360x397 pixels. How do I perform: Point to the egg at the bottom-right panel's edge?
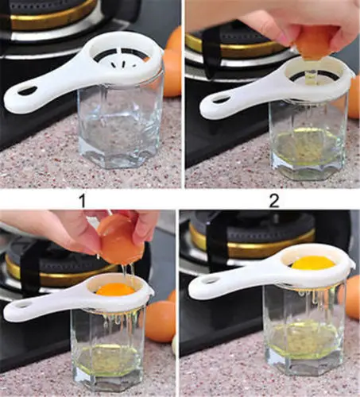[353, 297]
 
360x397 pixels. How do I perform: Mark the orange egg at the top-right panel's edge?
[353, 95]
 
